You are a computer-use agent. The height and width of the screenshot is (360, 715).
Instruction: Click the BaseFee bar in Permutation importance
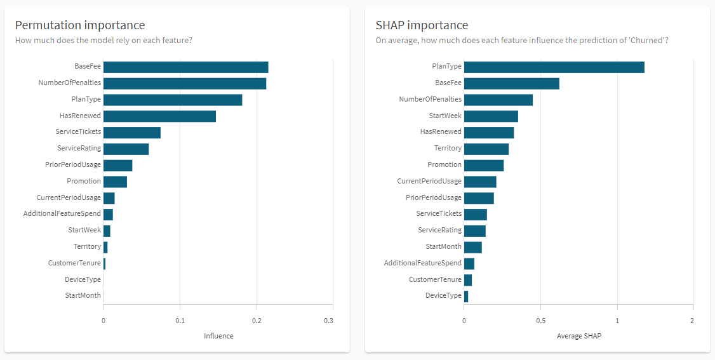(x=185, y=67)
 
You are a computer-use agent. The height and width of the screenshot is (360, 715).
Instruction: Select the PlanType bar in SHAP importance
(x=554, y=67)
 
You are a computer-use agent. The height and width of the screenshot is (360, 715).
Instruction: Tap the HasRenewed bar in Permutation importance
(x=159, y=116)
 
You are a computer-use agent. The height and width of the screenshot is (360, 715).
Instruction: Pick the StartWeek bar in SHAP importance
(x=491, y=116)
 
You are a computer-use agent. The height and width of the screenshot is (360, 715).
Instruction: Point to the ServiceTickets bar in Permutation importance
(x=132, y=133)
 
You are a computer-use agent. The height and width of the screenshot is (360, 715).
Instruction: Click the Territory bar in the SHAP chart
(x=486, y=149)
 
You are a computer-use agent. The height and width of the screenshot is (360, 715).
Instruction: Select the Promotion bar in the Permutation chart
(x=115, y=182)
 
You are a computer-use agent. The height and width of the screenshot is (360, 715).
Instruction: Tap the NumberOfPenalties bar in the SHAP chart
(x=498, y=100)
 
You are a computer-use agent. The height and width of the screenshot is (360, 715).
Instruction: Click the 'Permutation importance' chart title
(x=80, y=25)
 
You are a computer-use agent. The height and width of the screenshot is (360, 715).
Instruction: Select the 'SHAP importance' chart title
(x=422, y=25)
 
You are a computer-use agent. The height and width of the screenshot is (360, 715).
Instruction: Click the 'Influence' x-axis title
(x=218, y=336)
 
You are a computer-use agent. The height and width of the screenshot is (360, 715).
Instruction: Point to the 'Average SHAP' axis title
(x=578, y=336)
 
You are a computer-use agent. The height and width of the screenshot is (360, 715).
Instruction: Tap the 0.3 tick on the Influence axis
(x=328, y=321)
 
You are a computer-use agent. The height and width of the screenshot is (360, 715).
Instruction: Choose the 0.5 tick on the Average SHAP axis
(x=540, y=321)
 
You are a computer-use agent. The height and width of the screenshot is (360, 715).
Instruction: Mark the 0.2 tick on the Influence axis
(x=257, y=321)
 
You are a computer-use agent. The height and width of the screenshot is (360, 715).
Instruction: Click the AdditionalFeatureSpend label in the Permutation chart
(x=62, y=214)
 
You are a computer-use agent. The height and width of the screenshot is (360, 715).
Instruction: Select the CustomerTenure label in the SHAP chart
(x=435, y=279)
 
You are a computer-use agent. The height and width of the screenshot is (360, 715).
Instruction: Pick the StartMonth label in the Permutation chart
(x=83, y=295)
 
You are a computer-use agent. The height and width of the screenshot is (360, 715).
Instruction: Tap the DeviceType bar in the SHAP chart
(x=466, y=296)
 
